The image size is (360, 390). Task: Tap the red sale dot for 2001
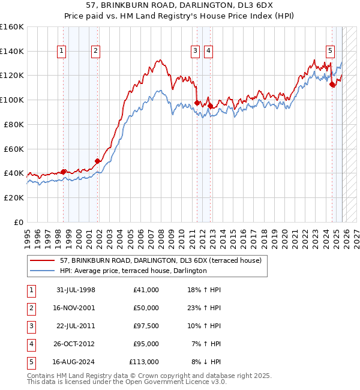pyautogui.click(x=97, y=161)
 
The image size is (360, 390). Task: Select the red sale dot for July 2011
pyautogui.click(x=197, y=103)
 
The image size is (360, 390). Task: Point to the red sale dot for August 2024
pyautogui.click(x=332, y=85)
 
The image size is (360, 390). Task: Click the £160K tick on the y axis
pyautogui.click(x=12, y=27)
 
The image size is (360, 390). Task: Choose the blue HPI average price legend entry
pyautogui.click(x=133, y=271)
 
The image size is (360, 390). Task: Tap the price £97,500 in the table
pyautogui.click(x=144, y=326)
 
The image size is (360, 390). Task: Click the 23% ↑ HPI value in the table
pyautogui.click(x=204, y=308)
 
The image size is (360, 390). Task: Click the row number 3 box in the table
pyautogui.click(x=30, y=326)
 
